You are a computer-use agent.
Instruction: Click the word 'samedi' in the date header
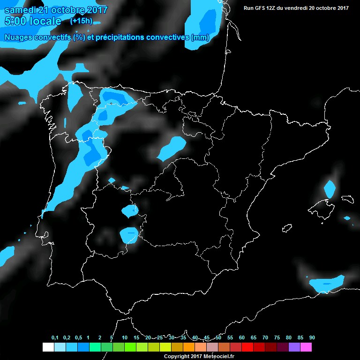click(21, 10)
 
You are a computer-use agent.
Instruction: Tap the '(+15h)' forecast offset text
click(81, 21)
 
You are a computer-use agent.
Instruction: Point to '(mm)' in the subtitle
click(200, 37)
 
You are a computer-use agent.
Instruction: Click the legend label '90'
click(312, 337)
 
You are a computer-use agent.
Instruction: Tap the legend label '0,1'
click(54, 337)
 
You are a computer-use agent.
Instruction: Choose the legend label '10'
click(124, 337)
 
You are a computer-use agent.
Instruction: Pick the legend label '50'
click(218, 337)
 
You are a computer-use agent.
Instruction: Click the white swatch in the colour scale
click(48, 347)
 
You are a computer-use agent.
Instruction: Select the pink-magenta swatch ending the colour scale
click(306, 347)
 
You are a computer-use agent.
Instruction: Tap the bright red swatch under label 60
click(247, 347)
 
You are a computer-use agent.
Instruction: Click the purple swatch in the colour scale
click(294, 347)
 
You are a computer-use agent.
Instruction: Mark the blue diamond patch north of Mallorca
click(330, 189)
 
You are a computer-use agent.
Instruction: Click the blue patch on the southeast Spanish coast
click(327, 284)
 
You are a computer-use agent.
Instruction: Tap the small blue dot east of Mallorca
click(347, 218)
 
